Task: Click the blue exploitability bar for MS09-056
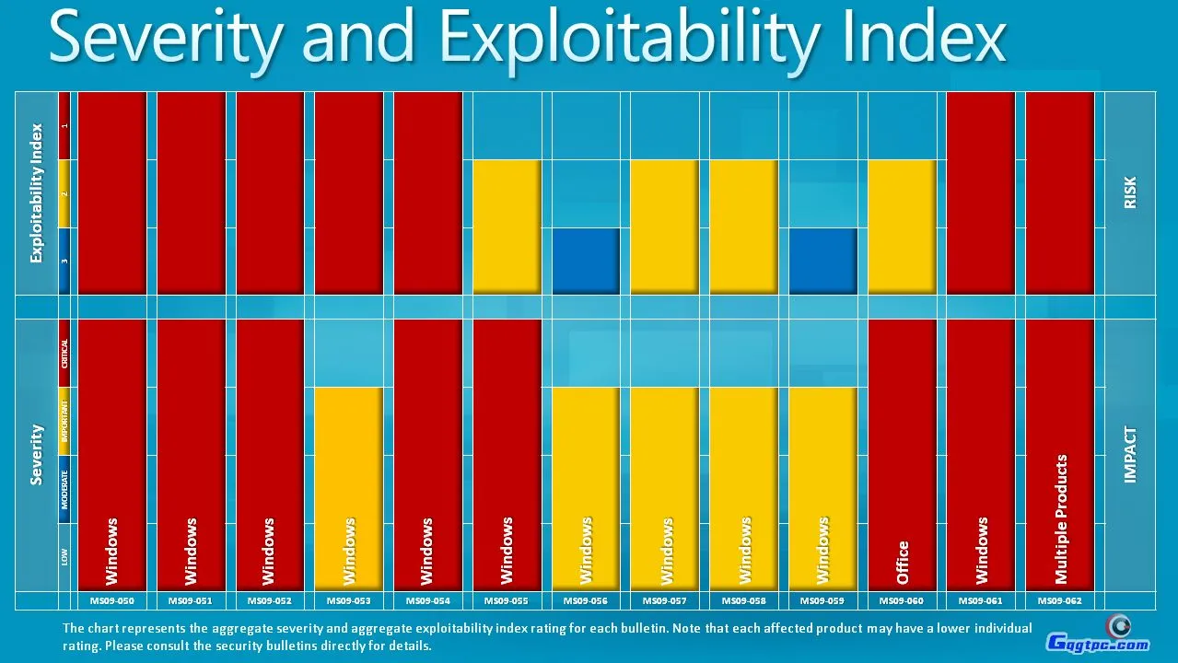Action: pyautogui.click(x=586, y=262)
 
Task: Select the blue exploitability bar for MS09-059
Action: pyautogui.click(x=822, y=262)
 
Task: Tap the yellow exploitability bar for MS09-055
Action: pyautogui.click(x=507, y=227)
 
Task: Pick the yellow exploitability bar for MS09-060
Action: pyautogui.click(x=902, y=227)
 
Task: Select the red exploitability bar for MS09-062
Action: pyautogui.click(x=1059, y=192)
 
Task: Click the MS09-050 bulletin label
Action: pyautogui.click(x=112, y=600)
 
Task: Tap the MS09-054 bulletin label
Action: pyautogui.click(x=427, y=600)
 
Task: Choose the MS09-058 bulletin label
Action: pyautogui.click(x=743, y=600)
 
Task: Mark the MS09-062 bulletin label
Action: pyautogui.click(x=1059, y=600)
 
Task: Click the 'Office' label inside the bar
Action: pyautogui.click(x=903, y=562)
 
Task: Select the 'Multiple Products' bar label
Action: pyautogui.click(x=1061, y=518)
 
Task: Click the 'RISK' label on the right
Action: pyautogui.click(x=1130, y=192)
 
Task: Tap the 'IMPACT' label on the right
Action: pyautogui.click(x=1130, y=454)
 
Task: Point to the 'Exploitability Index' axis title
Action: pyautogui.click(x=37, y=192)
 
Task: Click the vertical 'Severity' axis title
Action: pyautogui.click(x=37, y=454)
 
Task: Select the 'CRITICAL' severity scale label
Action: pyautogui.click(x=64, y=353)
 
